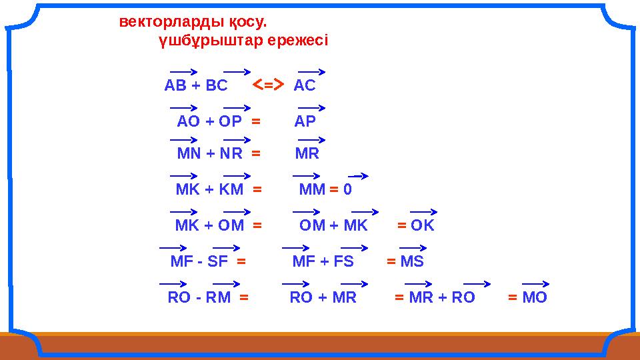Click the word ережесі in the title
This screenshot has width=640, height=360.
pyautogui.click(x=297, y=41)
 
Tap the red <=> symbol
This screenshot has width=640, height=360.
pyautogui.click(x=268, y=85)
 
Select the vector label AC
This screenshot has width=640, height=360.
pyautogui.click(x=305, y=86)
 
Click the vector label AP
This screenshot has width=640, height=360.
pyautogui.click(x=305, y=121)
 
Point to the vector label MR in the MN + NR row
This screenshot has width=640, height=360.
pyautogui.click(x=307, y=154)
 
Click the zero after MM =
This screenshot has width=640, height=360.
pyautogui.click(x=347, y=190)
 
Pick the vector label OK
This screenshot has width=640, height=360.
pyautogui.click(x=423, y=225)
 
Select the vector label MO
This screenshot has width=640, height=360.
pyautogui.click(x=535, y=297)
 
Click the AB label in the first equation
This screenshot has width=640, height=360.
pyautogui.click(x=176, y=86)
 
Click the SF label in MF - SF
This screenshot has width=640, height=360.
pyautogui.click(x=218, y=261)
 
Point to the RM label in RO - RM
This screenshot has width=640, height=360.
pyautogui.click(x=218, y=297)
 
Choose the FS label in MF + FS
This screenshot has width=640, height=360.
pyautogui.click(x=344, y=261)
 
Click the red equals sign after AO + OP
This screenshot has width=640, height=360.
pyautogui.click(x=255, y=121)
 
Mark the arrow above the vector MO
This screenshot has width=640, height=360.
pyautogui.click(x=535, y=283)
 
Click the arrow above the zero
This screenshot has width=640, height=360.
pyautogui.click(x=358, y=177)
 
